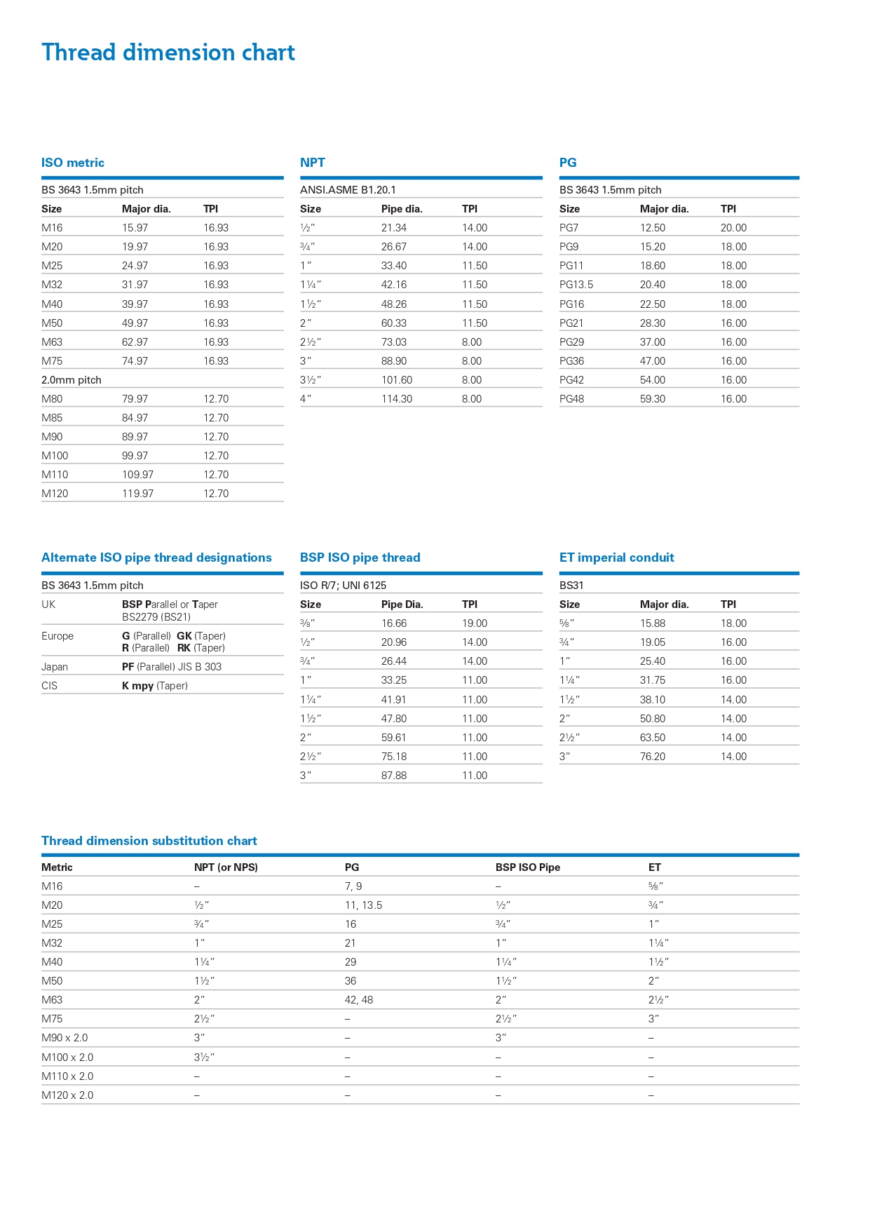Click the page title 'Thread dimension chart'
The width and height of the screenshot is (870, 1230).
[168, 53]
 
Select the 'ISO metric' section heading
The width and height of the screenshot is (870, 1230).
[73, 163]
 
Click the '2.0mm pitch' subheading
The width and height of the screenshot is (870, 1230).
[72, 380]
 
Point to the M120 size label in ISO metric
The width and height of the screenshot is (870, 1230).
[55, 494]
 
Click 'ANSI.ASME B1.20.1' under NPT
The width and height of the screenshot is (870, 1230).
[348, 190]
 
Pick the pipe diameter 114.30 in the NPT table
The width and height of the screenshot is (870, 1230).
[397, 399]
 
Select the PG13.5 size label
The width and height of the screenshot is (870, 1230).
[576, 285]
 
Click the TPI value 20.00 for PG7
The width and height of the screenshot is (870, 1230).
[733, 228]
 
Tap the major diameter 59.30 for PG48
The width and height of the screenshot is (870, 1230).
[653, 399]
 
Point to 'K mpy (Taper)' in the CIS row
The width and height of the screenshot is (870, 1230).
[155, 686]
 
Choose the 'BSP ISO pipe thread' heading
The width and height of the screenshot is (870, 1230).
[360, 557]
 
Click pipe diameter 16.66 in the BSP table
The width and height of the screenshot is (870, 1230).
[394, 623]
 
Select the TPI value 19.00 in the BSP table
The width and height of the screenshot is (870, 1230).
[475, 623]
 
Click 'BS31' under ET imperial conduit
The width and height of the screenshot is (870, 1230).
[571, 586]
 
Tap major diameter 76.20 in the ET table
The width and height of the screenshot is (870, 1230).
[653, 757]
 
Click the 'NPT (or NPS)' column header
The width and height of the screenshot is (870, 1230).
[226, 867]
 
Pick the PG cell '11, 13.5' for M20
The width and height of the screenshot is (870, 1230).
[363, 905]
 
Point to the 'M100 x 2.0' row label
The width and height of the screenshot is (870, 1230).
[67, 1057]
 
